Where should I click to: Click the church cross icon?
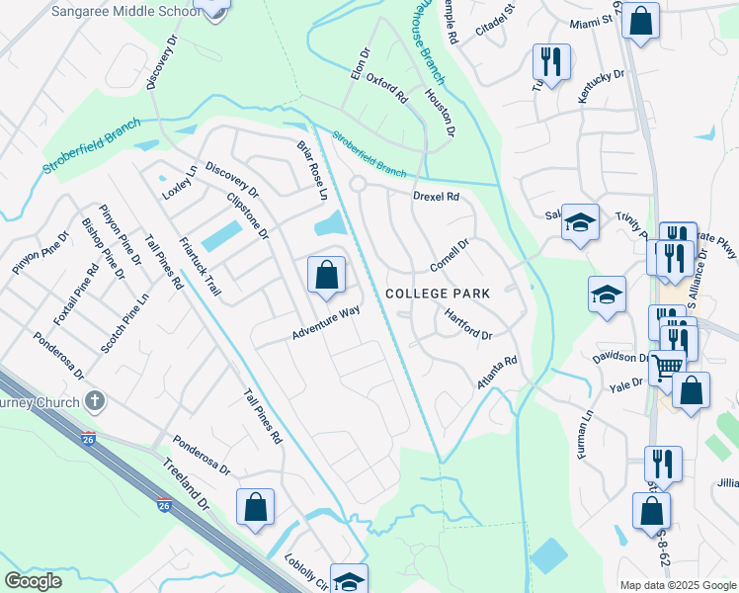(95, 401)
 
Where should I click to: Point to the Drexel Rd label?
(436, 197)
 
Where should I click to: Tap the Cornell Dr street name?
(449, 255)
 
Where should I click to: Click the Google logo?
(33, 581)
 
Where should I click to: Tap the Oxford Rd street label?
(387, 88)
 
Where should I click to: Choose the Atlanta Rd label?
(497, 373)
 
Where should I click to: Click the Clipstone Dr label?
(248, 215)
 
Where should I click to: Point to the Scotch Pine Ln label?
(124, 322)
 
